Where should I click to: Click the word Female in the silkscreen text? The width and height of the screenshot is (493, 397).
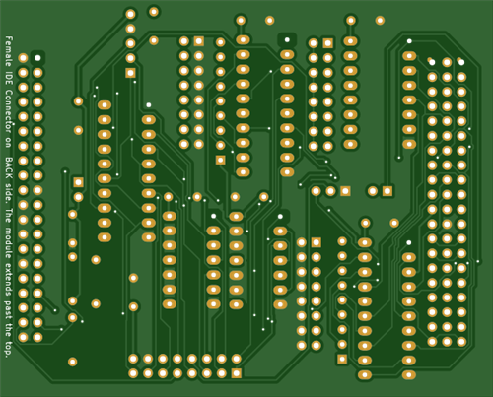click(x=9, y=51)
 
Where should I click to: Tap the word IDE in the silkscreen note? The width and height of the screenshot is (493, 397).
click(x=9, y=78)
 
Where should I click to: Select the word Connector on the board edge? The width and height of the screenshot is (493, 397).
click(x=9, y=110)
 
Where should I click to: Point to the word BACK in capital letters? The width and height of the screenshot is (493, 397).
click(x=9, y=167)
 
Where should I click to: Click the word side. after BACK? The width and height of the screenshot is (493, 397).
click(x=9, y=193)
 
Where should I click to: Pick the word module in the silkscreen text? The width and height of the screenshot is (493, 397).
click(x=9, y=242)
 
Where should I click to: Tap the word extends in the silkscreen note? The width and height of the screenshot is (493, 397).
click(x=9, y=279)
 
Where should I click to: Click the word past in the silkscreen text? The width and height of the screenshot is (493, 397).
click(x=9, y=309)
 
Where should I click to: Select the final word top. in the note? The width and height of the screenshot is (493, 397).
click(x=9, y=349)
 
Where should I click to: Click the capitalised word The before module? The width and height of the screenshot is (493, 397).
click(x=9, y=215)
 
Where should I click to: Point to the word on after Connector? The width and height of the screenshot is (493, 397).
click(x=9, y=142)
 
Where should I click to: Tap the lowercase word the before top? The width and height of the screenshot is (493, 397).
click(x=9, y=330)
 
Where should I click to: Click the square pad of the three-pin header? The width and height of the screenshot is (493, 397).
click(x=345, y=191)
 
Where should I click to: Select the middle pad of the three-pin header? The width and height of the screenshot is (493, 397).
click(x=330, y=191)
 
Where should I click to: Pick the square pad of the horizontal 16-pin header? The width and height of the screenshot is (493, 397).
click(x=237, y=373)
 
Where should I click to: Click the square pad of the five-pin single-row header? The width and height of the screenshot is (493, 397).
click(x=130, y=73)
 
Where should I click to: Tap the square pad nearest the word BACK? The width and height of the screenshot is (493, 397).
click(x=78, y=182)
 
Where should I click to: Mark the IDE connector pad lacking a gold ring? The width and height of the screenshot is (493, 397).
click(x=37, y=58)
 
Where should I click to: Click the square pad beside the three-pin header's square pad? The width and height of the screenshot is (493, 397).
click(x=387, y=191)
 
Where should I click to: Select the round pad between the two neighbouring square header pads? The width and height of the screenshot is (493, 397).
click(x=373, y=191)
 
